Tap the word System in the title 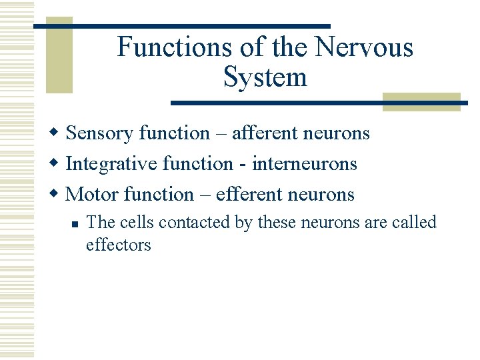(x=265, y=77)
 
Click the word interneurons (x=304, y=164)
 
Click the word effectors (x=119, y=245)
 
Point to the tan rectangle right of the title (x=421, y=102)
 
